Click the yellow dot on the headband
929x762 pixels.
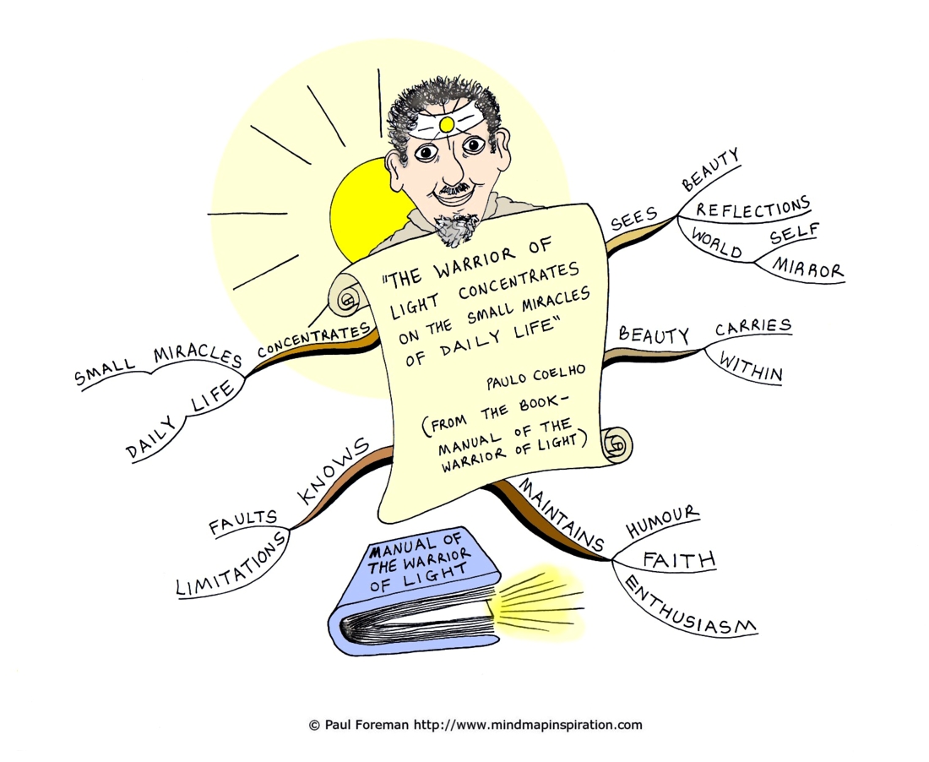(x=448, y=124)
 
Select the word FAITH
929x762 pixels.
(x=680, y=560)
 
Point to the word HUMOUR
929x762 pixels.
(x=663, y=521)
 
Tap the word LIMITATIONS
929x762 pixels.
(x=231, y=563)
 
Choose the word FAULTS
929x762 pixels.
(x=243, y=521)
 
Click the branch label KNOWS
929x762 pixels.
(x=333, y=471)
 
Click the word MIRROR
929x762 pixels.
(x=807, y=268)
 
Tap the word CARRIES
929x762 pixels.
(x=753, y=326)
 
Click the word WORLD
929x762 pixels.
(x=717, y=243)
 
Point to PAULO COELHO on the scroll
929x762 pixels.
(x=535, y=377)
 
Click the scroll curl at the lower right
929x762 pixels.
(x=617, y=444)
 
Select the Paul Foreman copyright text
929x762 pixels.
(x=475, y=725)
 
